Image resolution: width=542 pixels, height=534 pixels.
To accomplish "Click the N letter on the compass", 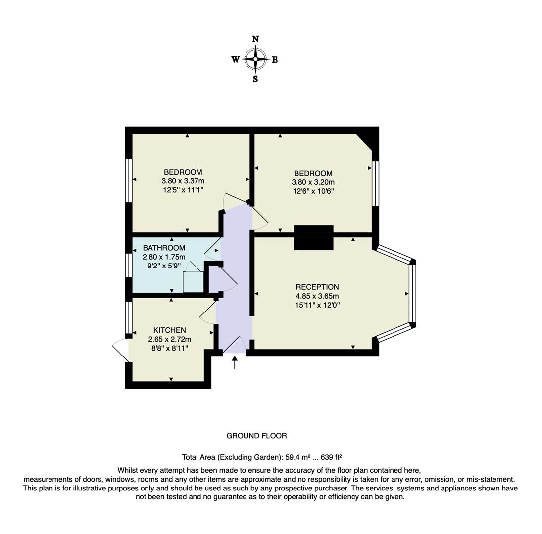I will coord(255,39).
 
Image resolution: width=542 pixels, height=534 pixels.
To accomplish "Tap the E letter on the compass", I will coord(275,60).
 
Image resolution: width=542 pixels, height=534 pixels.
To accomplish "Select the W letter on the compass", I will coord(235,60).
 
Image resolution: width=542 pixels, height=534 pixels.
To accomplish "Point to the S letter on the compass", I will coord(255,79).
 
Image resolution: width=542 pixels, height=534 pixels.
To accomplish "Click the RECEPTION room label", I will coord(317,287).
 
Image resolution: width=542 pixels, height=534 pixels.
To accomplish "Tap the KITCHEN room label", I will coord(169,330).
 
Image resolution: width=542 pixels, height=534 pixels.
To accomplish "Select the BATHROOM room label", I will coord(164,248).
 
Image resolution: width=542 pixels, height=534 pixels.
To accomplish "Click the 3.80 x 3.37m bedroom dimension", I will coord(183,181).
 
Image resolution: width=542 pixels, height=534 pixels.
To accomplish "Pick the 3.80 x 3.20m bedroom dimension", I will coord(313,182).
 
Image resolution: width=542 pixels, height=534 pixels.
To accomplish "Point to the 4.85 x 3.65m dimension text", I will coord(317,296).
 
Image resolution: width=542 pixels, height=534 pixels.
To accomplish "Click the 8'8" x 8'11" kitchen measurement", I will coord(169,348).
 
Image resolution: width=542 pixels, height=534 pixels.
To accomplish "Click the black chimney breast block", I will coord(313,238).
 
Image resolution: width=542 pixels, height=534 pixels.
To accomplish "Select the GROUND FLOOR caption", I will coord(256,436).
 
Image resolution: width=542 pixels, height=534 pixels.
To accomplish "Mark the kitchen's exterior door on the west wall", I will coord(121,350).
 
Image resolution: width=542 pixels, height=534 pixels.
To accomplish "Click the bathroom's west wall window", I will coord(129,265).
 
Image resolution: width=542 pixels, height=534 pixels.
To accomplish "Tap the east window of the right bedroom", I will coord(375,183).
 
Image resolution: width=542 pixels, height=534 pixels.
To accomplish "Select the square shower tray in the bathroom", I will coord(194,281).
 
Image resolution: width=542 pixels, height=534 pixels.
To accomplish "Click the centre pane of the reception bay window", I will coord(412,293).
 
